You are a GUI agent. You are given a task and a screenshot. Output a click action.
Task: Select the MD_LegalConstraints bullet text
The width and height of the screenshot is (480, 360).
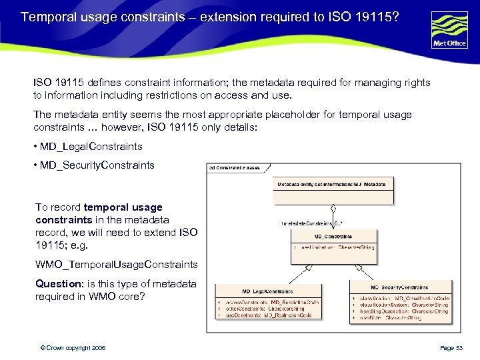point(92,147)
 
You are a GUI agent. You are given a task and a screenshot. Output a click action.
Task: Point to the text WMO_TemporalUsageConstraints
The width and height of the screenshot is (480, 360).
point(117,265)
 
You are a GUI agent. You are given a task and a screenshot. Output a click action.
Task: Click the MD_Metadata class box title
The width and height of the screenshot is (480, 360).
point(331,183)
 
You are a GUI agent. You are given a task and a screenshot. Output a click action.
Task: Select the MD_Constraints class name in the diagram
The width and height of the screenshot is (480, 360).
point(333,236)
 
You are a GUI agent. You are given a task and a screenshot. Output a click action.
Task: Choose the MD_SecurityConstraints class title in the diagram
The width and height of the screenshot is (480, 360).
point(400,286)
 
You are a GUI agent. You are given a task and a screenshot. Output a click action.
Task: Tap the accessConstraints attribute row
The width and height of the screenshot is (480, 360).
point(270,302)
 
